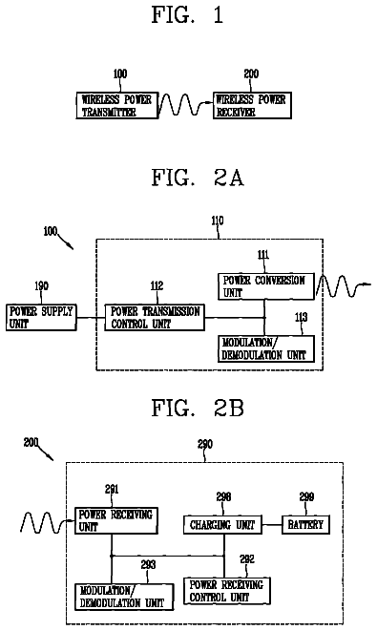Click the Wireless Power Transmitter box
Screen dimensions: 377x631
pos(116,105)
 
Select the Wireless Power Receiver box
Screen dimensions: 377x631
pos(252,105)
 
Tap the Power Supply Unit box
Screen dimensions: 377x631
pos(41,318)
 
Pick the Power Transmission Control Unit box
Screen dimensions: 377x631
pos(155,318)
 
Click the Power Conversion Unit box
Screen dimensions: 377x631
pos(266,286)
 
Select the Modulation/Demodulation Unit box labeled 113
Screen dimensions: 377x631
pos(266,348)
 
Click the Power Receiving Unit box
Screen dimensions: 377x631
pos(115,520)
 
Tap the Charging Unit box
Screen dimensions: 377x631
pos(222,525)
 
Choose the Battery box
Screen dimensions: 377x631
pos(305,525)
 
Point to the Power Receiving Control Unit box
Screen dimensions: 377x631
pos(227,591)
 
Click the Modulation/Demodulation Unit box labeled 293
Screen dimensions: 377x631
pos(124,597)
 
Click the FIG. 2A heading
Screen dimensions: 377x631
pos(198,178)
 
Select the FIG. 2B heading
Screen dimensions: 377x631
pos(198,408)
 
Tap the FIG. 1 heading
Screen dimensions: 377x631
pos(187,15)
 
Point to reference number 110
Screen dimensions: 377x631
pos(218,221)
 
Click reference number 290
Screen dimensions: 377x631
pos(205,444)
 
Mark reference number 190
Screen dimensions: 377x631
pos(41,286)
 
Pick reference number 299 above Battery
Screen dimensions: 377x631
pos(306,497)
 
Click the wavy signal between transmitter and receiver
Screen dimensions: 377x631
pos(185,105)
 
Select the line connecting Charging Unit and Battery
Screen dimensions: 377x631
pos(272,525)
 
